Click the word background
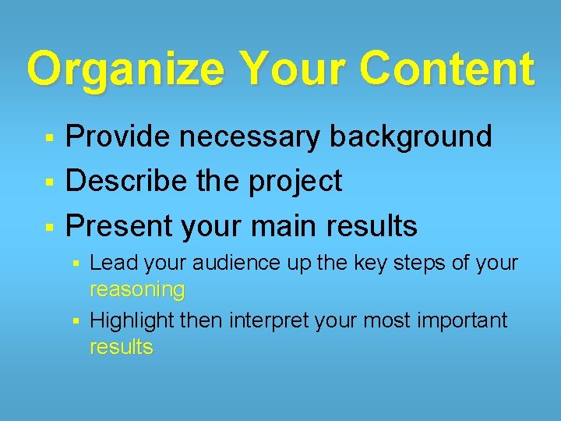[411, 136]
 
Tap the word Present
[120, 226]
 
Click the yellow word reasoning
[137, 291]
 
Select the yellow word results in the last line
[122, 347]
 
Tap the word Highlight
[132, 320]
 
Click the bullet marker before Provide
[48, 138]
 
